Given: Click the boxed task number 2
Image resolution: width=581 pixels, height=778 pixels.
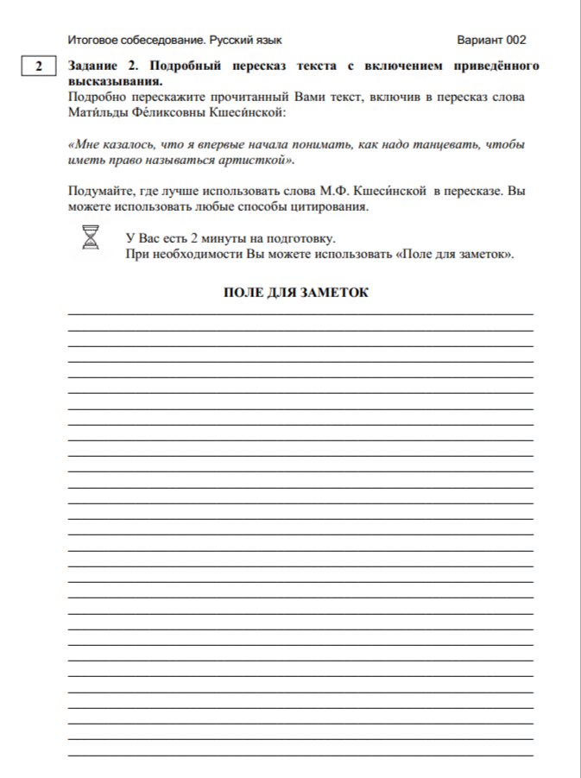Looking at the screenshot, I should coord(37,66).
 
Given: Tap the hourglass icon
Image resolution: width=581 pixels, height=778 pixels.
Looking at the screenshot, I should coord(91,237).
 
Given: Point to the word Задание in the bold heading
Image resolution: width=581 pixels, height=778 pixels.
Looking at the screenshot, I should coord(94,66).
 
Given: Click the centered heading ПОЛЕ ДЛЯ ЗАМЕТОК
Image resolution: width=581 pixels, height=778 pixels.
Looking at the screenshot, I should coord(296,293).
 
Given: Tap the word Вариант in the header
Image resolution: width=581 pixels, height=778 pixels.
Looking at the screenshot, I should coord(480,40).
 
